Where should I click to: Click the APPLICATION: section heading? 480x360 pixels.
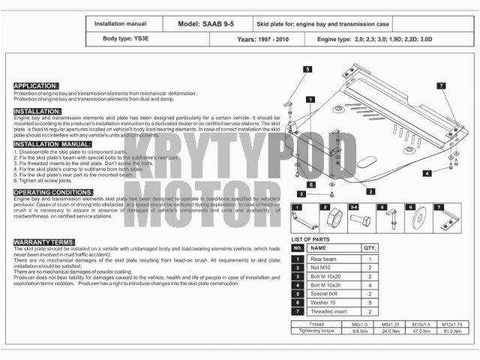pos(36,86)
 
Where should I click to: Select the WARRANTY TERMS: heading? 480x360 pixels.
pos(43,241)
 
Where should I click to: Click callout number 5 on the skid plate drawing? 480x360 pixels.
pos(307,69)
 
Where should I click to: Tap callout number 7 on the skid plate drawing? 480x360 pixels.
pos(442,86)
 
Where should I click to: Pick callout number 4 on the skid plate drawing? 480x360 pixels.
pos(427,173)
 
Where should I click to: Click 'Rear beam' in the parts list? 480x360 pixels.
pos(324,259)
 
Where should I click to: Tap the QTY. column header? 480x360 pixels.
pos(370,247)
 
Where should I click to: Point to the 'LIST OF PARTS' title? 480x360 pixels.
pos(310,238)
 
